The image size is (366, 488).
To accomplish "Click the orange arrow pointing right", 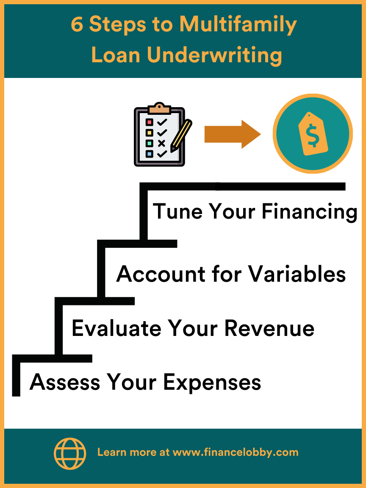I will (x=232, y=134).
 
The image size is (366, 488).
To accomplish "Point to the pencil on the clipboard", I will (x=181, y=135).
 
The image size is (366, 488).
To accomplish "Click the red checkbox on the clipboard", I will (x=149, y=122).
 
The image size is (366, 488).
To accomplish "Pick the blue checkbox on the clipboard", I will (x=149, y=154).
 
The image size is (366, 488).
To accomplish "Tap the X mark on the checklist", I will (x=161, y=143).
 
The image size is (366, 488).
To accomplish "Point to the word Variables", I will (x=297, y=274).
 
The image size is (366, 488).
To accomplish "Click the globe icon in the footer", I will (x=69, y=453).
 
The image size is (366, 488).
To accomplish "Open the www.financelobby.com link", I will (x=236, y=452).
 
